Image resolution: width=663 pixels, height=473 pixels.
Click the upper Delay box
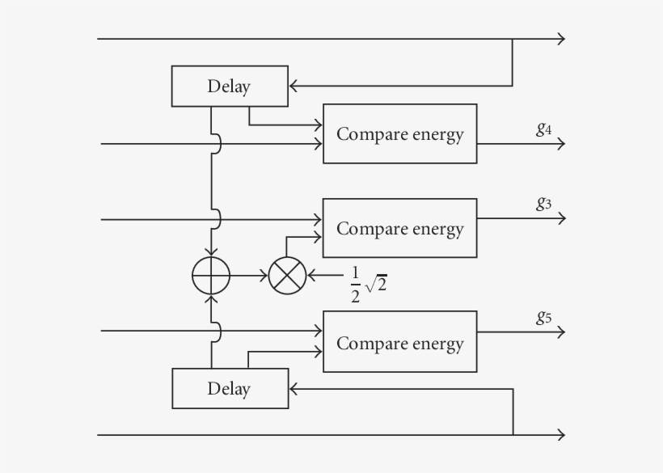point(230,87)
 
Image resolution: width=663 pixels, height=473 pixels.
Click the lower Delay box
point(230,389)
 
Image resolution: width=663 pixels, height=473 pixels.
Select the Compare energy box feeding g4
point(399,134)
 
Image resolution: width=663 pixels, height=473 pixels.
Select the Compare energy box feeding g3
point(399,229)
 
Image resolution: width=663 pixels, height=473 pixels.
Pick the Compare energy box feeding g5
point(399,342)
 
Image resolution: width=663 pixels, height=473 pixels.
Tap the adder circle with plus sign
point(211,276)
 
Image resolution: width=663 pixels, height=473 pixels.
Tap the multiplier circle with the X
point(287,276)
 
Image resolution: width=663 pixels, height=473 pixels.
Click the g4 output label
point(543,128)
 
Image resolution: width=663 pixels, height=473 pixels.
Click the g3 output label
point(543,203)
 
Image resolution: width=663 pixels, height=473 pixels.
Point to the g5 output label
point(543,317)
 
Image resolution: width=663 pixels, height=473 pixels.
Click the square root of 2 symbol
point(376,285)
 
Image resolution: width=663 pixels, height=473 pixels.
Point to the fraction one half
point(355,285)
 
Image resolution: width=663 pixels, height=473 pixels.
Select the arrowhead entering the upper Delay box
point(294,85)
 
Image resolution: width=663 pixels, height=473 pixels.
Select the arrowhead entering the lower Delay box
point(295,389)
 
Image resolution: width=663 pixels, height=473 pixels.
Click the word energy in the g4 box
point(437,134)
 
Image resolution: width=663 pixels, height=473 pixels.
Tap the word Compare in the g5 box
point(365,343)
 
